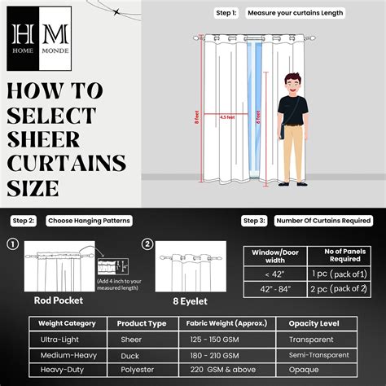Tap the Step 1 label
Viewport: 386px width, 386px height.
[226, 13]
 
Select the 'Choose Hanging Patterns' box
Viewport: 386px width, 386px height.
[89, 221]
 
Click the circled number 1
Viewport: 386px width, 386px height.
[13, 244]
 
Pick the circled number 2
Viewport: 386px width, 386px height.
[147, 244]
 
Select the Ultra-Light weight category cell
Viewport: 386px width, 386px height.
[60, 339]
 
